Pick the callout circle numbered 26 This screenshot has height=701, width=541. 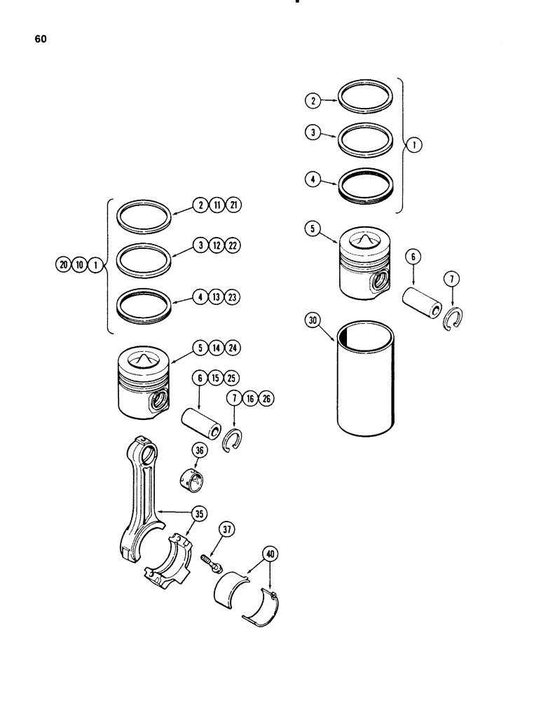pyautogui.click(x=266, y=399)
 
